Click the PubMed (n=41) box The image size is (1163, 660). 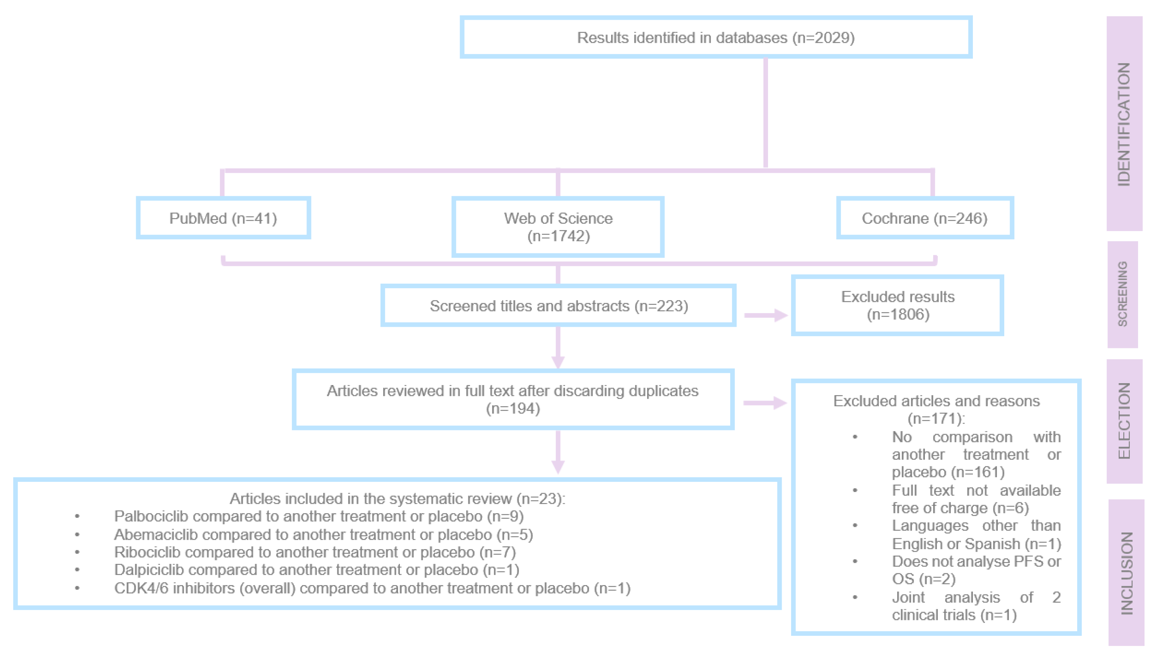tap(223, 218)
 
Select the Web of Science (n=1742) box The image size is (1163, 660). tap(558, 227)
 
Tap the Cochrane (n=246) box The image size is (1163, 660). tap(925, 218)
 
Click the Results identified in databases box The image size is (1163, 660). tap(715, 37)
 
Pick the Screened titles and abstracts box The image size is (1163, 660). tap(558, 306)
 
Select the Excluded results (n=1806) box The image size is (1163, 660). tap(897, 306)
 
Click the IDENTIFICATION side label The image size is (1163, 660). tap(1124, 124)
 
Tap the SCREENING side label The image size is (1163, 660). tap(1122, 294)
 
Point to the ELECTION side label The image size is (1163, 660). tap(1124, 421)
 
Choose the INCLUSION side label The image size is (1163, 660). tap(1126, 573)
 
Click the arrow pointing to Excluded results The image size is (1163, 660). tap(766, 315)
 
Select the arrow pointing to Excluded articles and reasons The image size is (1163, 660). tap(765, 402)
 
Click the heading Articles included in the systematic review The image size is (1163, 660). tap(397, 498)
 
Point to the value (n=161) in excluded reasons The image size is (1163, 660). tap(978, 472)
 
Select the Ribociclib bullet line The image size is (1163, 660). tap(315, 552)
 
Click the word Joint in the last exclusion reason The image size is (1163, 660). tap(908, 598)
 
